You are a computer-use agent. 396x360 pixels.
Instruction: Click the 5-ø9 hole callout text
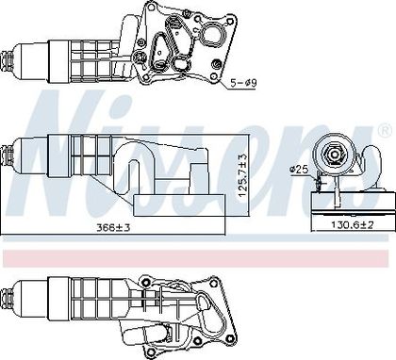click(x=243, y=83)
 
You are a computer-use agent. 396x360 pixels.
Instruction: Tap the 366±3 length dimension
click(x=113, y=227)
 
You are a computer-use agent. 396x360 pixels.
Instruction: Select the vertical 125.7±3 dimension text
click(x=243, y=175)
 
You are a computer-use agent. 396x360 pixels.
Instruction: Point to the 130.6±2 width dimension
click(x=353, y=225)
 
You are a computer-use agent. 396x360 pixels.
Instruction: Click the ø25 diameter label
click(x=299, y=170)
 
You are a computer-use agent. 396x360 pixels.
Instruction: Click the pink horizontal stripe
click(x=195, y=258)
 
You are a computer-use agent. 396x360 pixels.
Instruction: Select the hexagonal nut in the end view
click(x=334, y=155)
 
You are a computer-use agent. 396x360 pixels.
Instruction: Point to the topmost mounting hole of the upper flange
click(x=151, y=7)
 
